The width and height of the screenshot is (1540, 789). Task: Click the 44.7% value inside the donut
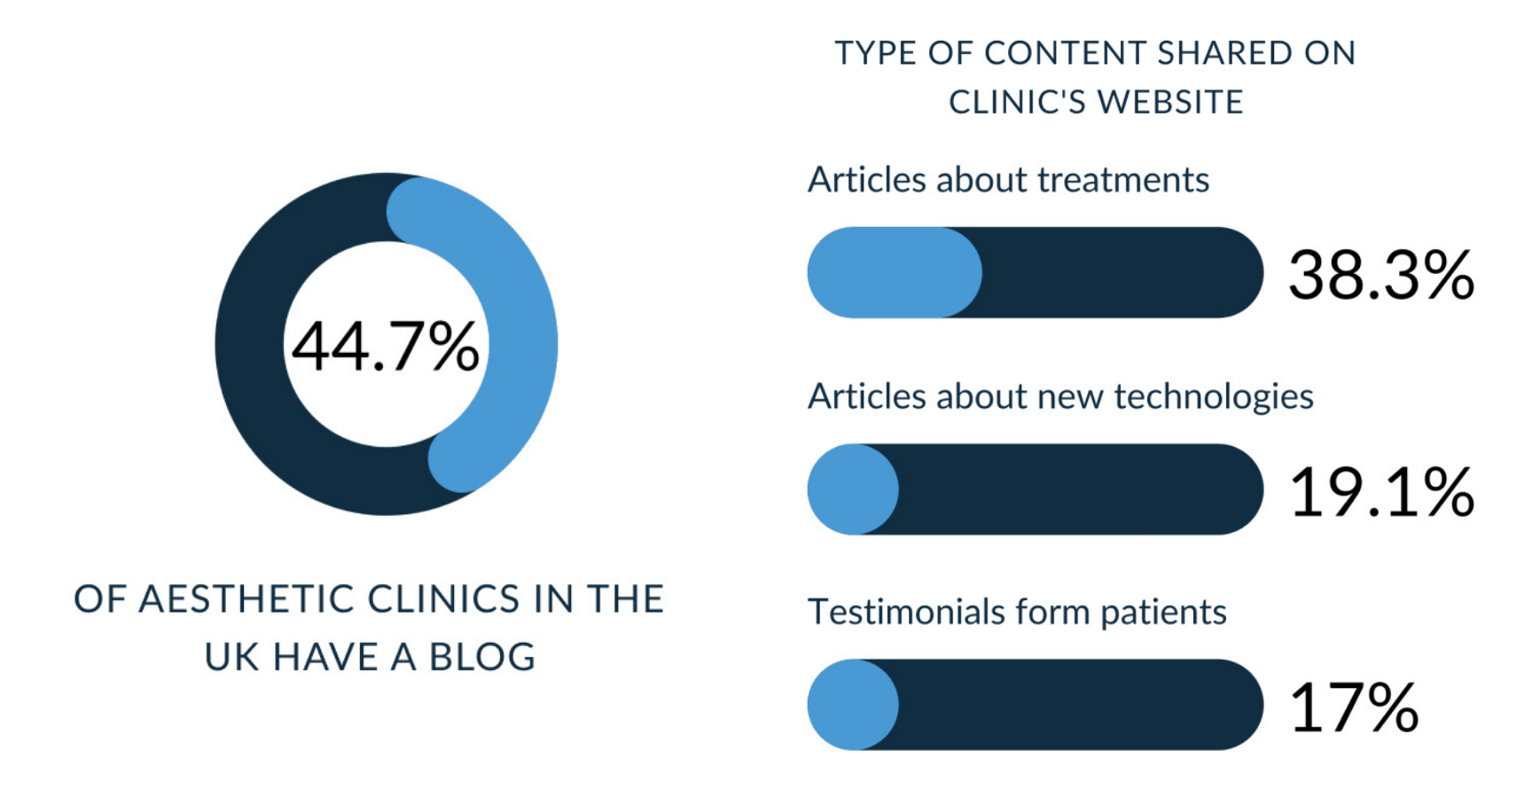point(386,346)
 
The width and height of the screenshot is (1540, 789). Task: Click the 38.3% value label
point(1381,275)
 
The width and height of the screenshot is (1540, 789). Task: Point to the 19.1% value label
point(1381,492)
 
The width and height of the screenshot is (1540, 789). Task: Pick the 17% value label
point(1354,707)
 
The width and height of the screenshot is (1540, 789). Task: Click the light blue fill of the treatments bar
point(895,272)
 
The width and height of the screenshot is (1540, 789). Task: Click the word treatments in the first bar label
point(1123,180)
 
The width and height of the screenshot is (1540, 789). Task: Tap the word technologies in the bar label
point(1214,397)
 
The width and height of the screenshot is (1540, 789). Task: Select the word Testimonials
point(906,612)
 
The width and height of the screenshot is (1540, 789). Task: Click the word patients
point(1163,613)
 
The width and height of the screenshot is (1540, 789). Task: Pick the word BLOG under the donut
point(482,657)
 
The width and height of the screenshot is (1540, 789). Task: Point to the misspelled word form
point(1052,612)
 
